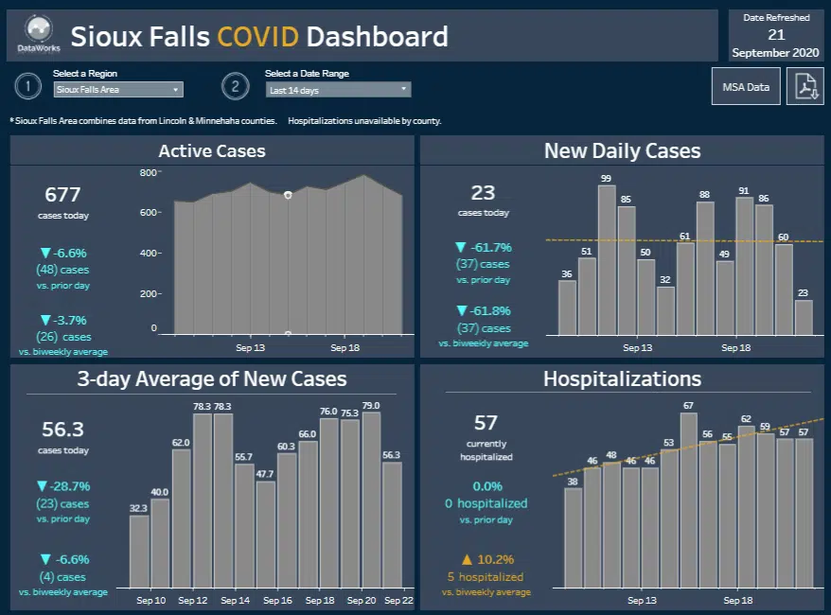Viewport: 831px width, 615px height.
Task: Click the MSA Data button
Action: [x=746, y=87]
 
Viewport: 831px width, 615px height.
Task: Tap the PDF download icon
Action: [x=804, y=87]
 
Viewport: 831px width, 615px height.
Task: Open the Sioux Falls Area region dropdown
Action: [x=118, y=90]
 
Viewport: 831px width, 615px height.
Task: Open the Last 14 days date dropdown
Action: [x=338, y=90]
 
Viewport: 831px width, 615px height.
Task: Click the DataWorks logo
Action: [x=38, y=36]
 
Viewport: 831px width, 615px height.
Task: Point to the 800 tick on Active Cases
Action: [x=149, y=172]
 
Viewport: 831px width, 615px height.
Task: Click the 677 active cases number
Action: [x=62, y=195]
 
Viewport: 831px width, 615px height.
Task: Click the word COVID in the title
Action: [x=257, y=37]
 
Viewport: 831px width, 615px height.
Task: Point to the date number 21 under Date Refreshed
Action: [x=776, y=34]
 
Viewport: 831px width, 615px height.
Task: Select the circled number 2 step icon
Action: [x=235, y=87]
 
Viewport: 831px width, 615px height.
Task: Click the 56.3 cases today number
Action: [x=62, y=430]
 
